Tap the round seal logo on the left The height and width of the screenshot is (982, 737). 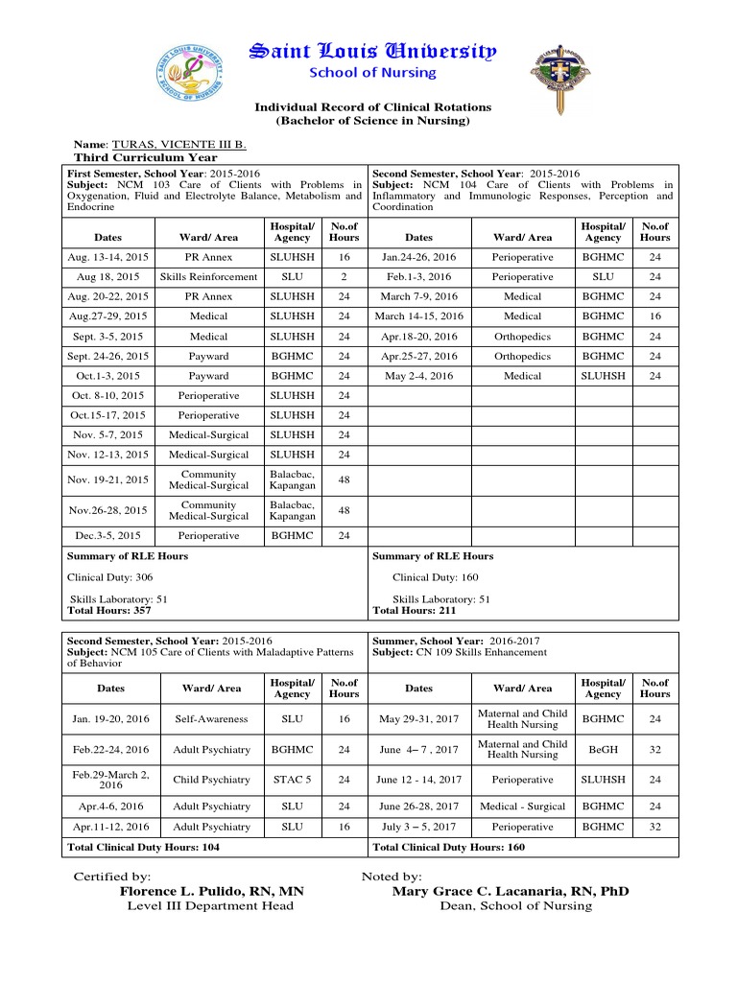coord(192,73)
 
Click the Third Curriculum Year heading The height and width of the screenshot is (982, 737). coord(146,157)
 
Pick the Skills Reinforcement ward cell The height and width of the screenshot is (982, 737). coord(208,276)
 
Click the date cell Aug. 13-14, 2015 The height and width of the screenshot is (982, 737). coord(108,257)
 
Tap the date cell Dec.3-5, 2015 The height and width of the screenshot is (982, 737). coord(108,535)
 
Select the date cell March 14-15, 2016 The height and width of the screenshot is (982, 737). coord(418,316)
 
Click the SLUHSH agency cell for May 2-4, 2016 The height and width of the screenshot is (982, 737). coord(603,376)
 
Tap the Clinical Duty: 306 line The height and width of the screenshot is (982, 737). coord(109,577)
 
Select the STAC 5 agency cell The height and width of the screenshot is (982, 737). coord(292,780)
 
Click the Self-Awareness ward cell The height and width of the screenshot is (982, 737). coord(211,718)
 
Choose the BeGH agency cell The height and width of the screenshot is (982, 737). coord(603,749)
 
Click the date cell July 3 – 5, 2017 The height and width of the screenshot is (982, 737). coord(419,826)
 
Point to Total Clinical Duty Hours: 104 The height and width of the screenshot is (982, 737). coord(143,847)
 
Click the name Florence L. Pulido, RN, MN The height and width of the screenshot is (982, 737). coord(211,892)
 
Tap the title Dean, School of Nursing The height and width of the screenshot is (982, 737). coord(515,906)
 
